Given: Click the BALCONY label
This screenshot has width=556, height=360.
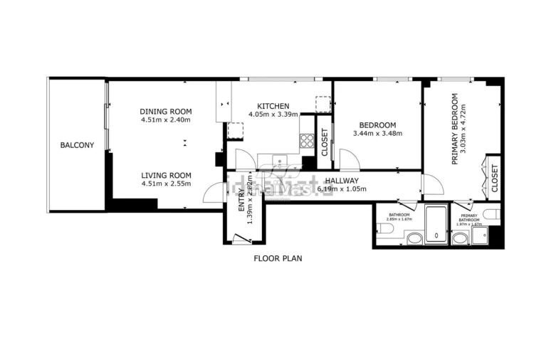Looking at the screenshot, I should pos(77,145).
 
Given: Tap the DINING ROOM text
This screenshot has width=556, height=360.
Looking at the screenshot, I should pos(166,112).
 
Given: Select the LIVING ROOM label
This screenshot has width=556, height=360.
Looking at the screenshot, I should pos(166,176).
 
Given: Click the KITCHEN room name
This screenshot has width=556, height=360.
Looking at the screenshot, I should pos(273,107).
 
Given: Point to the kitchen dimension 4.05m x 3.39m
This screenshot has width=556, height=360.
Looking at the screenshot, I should pos(273,115).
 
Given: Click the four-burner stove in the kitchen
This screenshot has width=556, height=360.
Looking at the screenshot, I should pos(308,140).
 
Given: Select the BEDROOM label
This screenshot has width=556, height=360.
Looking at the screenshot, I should pos(377,125).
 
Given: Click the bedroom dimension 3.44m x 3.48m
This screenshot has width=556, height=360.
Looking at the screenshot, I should pos(377,133).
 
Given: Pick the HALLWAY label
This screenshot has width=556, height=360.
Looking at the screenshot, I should pos(342,181).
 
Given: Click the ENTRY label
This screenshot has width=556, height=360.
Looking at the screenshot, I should pos(241,205).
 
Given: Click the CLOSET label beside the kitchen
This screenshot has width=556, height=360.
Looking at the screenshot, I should pos(325,142).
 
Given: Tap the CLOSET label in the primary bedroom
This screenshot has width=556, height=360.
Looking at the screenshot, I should pos(495,178).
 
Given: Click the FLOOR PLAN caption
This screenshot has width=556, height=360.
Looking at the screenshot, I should pos(278,258).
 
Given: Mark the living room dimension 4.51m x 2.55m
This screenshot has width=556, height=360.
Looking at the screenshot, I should pos(166,184).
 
